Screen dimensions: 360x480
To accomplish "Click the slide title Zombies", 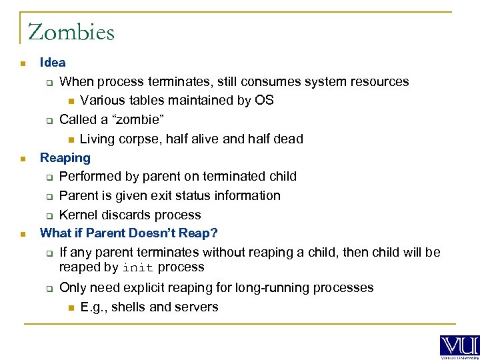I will (71, 32).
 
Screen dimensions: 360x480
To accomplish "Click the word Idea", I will (53, 63).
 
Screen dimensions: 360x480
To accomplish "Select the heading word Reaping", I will (65, 158).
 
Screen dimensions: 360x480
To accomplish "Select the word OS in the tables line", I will (265, 101).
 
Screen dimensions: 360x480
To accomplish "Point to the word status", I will (189, 196).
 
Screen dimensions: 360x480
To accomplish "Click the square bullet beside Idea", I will (23, 64).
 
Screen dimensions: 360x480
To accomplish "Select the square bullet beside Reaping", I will (23, 159).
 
